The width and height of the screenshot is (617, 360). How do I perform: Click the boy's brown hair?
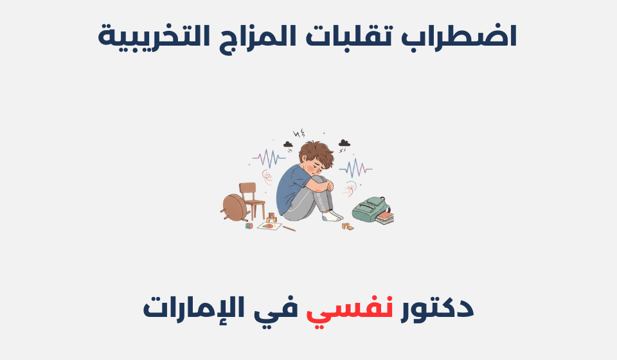click(x=315, y=153)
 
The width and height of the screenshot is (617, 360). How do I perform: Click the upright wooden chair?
click(x=251, y=200)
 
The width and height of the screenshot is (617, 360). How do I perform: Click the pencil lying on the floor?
click(x=289, y=228)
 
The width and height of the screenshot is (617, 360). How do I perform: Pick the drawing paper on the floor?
click(x=269, y=226)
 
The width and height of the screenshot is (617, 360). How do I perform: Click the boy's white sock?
click(x=334, y=217)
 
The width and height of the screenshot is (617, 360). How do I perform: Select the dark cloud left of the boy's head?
click(x=287, y=145)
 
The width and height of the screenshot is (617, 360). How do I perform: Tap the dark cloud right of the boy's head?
click(x=344, y=143)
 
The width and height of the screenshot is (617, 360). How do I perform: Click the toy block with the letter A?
click(x=249, y=226)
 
